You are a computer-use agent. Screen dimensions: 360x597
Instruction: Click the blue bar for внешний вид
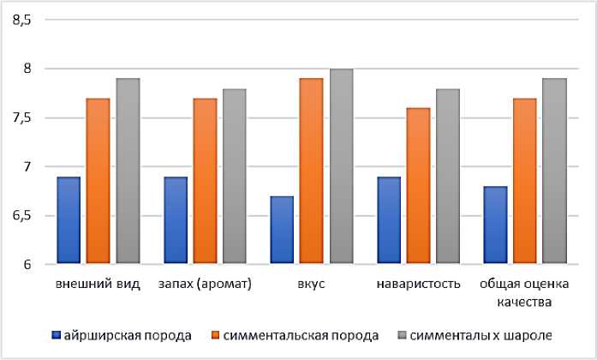(x=69, y=219)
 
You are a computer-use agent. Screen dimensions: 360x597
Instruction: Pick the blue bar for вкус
(x=282, y=229)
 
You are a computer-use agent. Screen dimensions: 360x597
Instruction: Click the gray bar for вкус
(x=341, y=166)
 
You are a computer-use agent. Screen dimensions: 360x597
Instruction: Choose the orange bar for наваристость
(x=418, y=185)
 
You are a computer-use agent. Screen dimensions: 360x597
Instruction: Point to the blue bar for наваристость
(x=388, y=219)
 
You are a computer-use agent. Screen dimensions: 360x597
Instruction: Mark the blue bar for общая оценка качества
(x=496, y=224)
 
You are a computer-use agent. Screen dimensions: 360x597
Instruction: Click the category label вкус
(x=311, y=284)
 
